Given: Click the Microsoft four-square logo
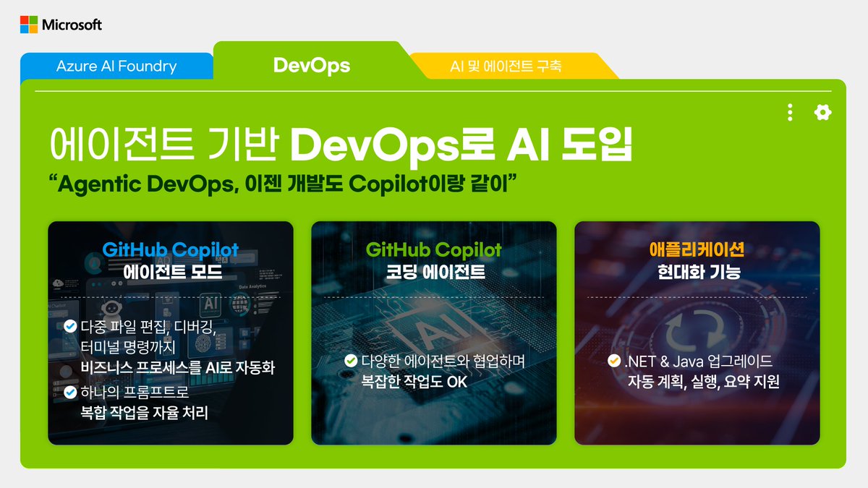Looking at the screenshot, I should (29, 25).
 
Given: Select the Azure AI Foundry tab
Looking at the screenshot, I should (116, 67).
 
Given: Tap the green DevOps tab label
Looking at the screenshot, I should (312, 66).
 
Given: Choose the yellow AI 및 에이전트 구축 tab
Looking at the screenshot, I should (506, 67).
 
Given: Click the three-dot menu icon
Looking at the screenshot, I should (790, 112).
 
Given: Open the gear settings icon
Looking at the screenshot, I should (822, 112).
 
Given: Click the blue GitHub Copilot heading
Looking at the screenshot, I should (171, 251).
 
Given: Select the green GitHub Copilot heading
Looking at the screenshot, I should (434, 251).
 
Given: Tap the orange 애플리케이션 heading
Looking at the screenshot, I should (697, 251).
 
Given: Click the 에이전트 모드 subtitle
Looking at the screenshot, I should (171, 273).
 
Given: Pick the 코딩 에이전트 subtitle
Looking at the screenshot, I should (434, 273).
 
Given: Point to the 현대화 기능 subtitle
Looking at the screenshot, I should (697, 273).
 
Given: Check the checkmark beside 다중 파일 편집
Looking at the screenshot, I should (70, 326).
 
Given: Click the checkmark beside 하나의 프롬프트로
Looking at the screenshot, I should (70, 392).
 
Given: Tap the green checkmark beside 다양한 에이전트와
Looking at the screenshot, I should (351, 360).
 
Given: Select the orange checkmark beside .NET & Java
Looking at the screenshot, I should (613, 360).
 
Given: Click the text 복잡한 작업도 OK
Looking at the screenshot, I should (414, 381).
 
